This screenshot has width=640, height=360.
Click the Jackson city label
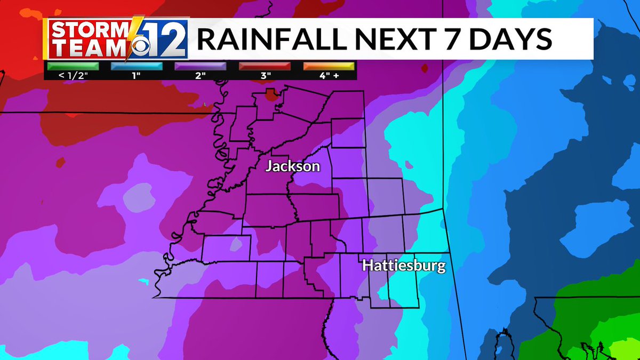tap(293, 166)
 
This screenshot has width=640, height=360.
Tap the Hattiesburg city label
tap(403, 266)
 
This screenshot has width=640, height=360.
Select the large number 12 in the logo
tap(167, 39)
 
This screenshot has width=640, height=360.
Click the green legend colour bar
tap(73, 67)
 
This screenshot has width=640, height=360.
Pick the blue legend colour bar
tap(137, 67)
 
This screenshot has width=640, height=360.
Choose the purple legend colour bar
tap(201, 67)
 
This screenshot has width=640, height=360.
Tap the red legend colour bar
tap(265, 67)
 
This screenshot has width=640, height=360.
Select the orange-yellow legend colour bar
tap(329, 67)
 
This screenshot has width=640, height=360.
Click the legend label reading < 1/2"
tap(73, 76)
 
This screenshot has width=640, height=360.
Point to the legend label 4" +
tap(329, 76)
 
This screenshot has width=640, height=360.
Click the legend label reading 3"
tap(265, 76)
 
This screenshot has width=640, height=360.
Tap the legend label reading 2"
tap(201, 76)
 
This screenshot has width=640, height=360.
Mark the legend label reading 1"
tap(137, 76)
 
